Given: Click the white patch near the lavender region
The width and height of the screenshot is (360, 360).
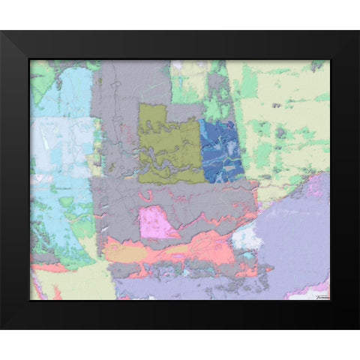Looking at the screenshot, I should point(244,238).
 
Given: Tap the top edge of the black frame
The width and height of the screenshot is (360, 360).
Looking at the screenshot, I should point(180,45).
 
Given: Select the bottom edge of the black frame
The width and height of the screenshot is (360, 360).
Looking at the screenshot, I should point(180,315).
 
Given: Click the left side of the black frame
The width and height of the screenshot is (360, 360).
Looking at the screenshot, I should point(15,180).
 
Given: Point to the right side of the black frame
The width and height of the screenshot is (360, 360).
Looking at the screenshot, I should point(344,180).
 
